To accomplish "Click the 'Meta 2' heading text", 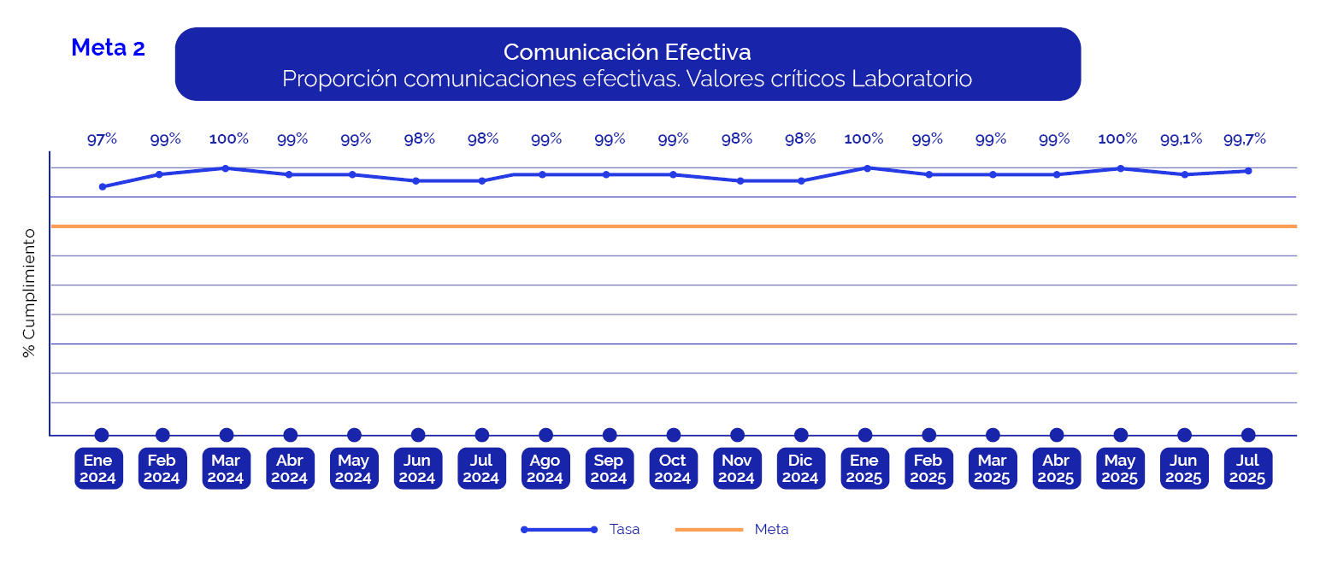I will pos(108,48).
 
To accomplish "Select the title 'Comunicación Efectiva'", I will pos(627,52).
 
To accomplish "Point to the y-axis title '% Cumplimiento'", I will pos(30,293).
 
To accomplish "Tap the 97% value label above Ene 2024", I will pos(102,139).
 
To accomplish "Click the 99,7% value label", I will pos(1244,139).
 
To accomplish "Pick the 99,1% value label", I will pos(1181,139).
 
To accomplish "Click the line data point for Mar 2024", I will pos(226,168).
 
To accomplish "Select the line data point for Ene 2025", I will pos(867,168).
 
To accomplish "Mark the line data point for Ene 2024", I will pos(103,186).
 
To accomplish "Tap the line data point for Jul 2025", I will pos(1248,171).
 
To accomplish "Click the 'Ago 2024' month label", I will pos(545,468).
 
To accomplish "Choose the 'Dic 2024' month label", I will pos(801,468).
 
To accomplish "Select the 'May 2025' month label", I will pos(1120,468).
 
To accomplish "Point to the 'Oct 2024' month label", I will pos(673,468).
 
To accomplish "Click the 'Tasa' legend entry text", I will pos(624,530).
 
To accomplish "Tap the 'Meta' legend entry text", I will pos(771,530).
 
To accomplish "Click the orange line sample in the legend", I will pos(709,530).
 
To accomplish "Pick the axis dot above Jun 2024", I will pos(418,435).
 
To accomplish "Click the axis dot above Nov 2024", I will pos(737,435).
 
